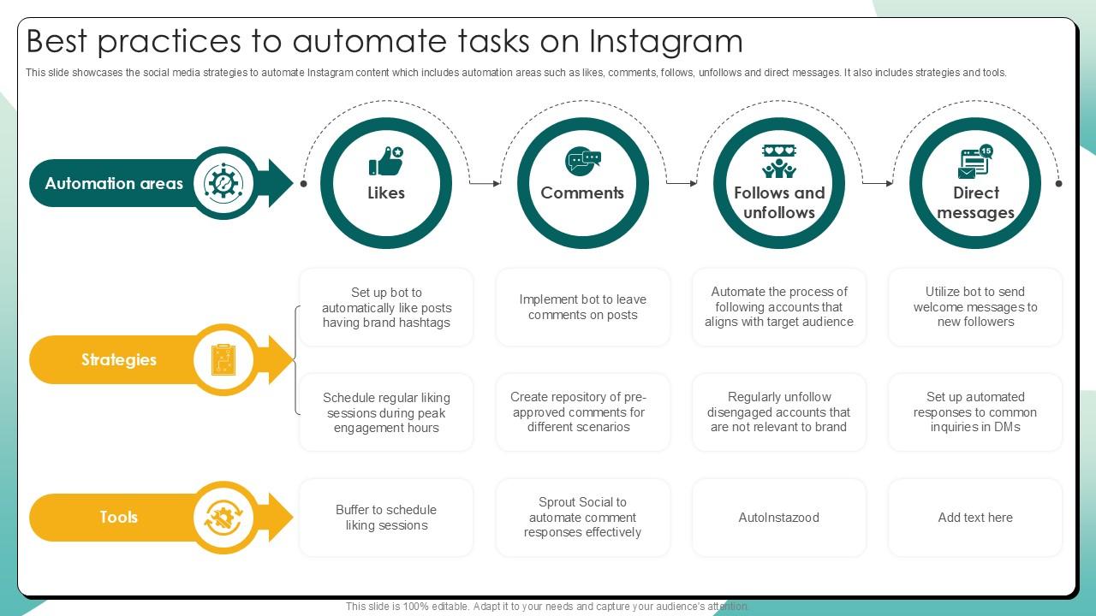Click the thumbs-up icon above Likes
[386, 161]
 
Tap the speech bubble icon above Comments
[583, 161]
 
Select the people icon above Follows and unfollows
[779, 160]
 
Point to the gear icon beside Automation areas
[224, 183]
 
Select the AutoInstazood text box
[779, 518]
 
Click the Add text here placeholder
[975, 518]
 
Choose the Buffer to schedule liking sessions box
[386, 518]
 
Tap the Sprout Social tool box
[583, 518]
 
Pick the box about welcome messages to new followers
[975, 307]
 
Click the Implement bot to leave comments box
[583, 307]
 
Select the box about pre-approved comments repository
[583, 412]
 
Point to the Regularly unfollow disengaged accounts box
[779, 412]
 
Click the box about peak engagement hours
[386, 412]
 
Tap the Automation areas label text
[114, 183]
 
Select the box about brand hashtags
[386, 307]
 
